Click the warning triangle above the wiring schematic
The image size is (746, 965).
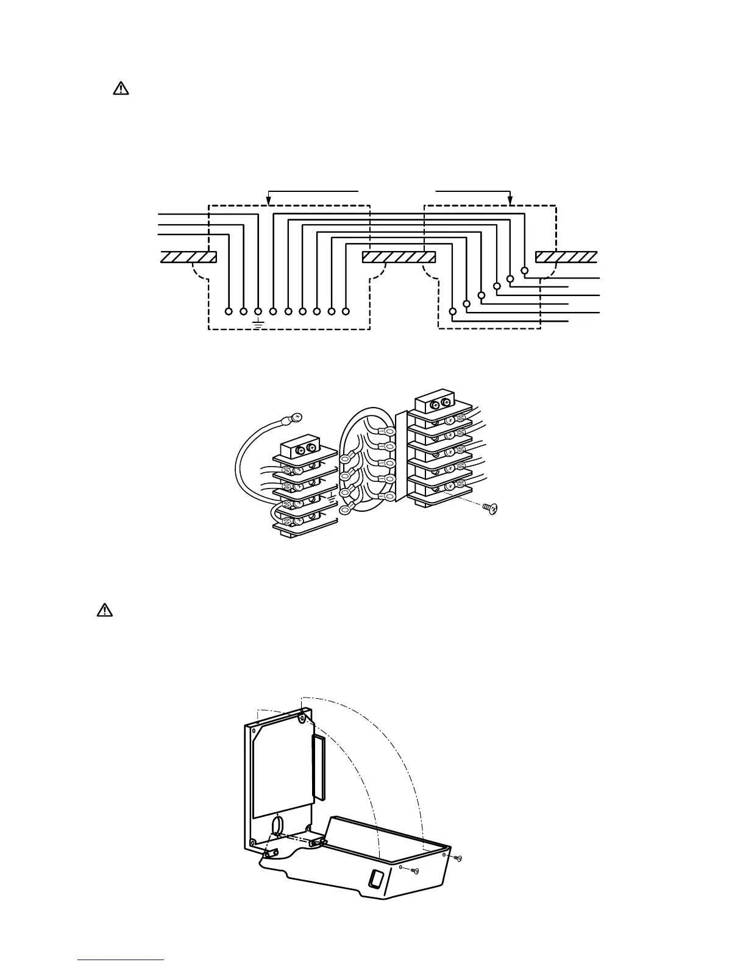point(121,88)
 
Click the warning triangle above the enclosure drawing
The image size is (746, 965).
point(105,610)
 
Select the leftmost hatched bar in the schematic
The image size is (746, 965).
point(188,257)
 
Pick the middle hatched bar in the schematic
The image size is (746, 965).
point(398,257)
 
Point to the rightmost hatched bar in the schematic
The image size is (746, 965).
point(566,257)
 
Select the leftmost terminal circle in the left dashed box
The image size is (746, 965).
point(229,311)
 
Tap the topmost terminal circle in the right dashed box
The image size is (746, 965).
point(525,270)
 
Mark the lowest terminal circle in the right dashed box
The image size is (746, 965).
point(452,311)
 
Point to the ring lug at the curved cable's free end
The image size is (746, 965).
point(296,419)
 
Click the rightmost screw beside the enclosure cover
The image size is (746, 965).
point(459,858)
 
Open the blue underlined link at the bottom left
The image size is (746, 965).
point(121,960)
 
